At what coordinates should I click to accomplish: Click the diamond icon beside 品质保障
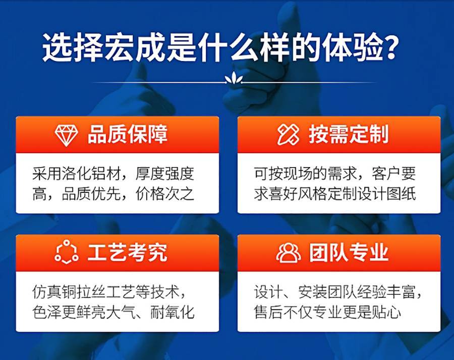[x=67, y=135]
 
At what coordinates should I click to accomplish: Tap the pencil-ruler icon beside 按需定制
[x=288, y=135]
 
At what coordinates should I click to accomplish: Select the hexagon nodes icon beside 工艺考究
[x=67, y=252]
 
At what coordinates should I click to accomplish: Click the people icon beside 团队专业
[x=288, y=252]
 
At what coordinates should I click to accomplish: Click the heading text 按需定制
[x=349, y=135]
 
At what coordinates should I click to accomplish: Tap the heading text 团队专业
[x=349, y=252]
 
